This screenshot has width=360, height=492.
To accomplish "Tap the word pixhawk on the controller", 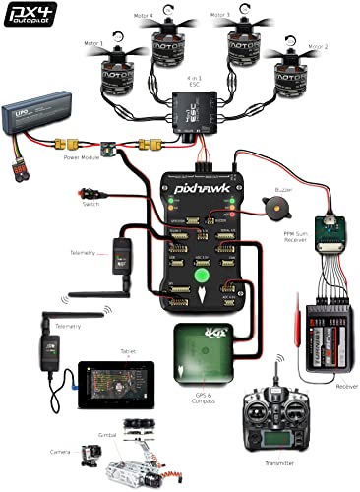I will [197, 184].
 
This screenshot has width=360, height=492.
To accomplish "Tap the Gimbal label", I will [110, 430].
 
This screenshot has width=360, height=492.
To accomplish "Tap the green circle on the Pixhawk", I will [201, 277].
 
